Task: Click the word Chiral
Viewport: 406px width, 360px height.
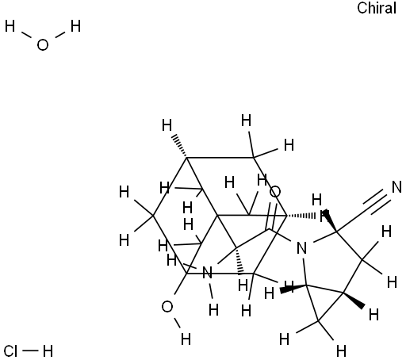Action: click(x=377, y=8)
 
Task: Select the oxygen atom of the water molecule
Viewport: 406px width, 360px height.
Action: click(x=43, y=45)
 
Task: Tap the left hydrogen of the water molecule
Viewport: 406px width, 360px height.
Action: click(x=10, y=27)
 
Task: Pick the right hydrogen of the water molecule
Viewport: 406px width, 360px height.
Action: click(x=75, y=27)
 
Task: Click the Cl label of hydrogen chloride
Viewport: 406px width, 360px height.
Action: click(x=11, y=351)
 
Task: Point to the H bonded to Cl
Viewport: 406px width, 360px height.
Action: click(x=48, y=351)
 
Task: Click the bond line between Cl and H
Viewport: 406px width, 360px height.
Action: click(x=30, y=351)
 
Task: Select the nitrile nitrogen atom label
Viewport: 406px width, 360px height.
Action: click(x=396, y=187)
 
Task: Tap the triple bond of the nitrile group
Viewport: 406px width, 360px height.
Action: click(x=377, y=201)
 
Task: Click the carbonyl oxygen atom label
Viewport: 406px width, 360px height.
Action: click(x=275, y=192)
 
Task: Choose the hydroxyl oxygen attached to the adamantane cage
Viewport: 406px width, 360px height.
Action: click(x=167, y=307)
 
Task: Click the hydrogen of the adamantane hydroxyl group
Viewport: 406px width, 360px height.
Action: click(x=186, y=339)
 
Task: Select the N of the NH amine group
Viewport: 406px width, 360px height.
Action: click(x=207, y=273)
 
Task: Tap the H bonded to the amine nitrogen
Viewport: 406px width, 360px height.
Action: click(x=213, y=310)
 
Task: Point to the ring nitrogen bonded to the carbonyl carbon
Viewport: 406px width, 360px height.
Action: click(x=301, y=248)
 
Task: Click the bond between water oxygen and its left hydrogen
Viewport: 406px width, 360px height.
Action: click(x=26, y=36)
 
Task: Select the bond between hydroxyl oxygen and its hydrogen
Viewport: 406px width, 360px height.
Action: click(x=177, y=323)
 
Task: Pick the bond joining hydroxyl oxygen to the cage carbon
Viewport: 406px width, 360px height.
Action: click(x=180, y=284)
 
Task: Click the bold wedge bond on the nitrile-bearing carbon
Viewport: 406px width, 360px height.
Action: click(x=330, y=220)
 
